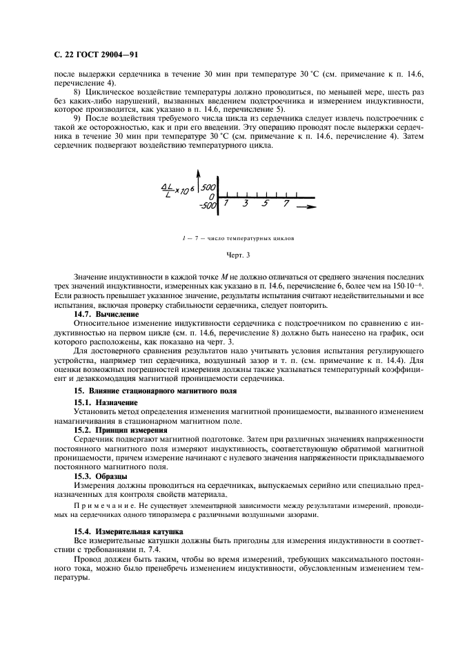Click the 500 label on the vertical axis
point(209,188)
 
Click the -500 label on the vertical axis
point(206,205)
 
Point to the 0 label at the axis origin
point(212,197)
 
